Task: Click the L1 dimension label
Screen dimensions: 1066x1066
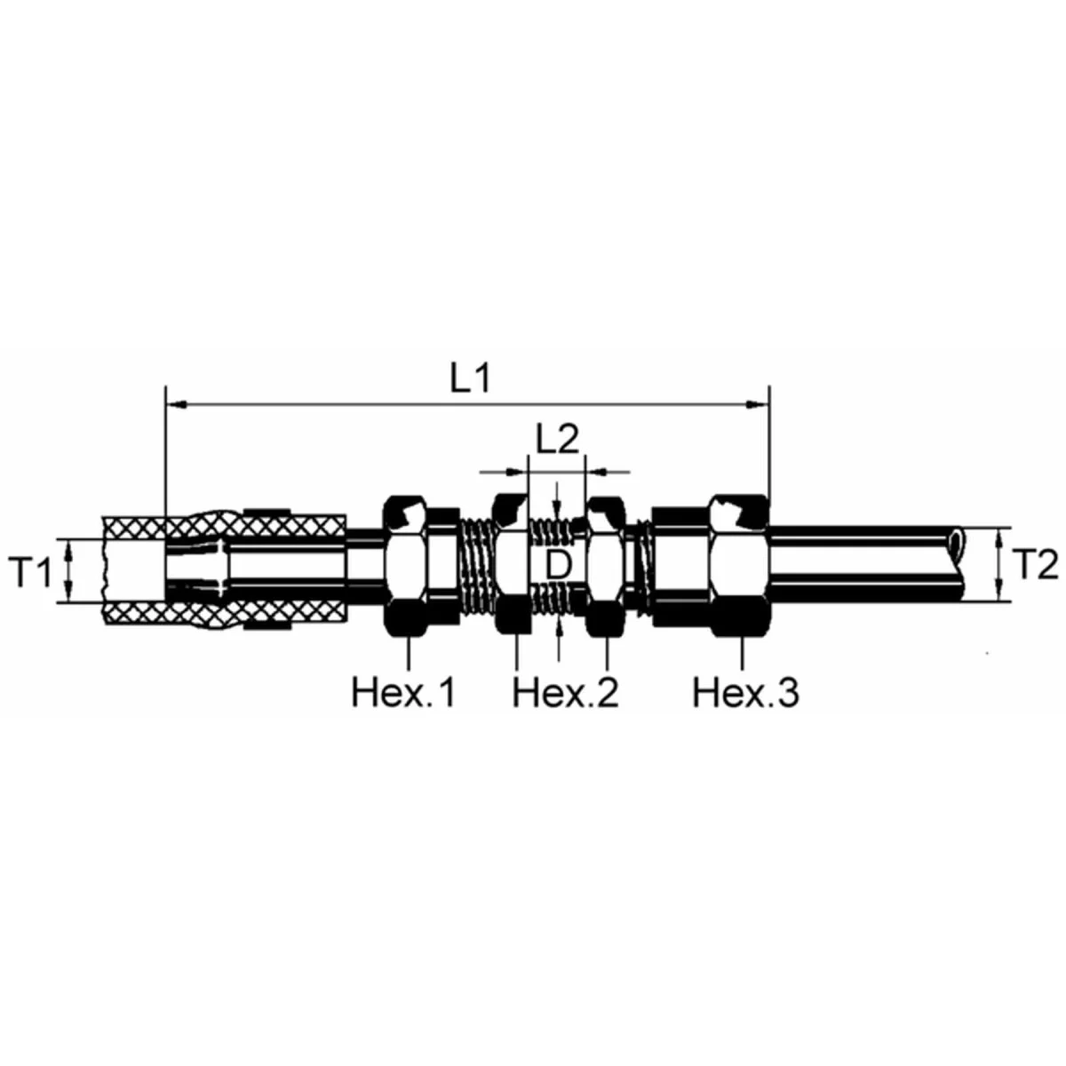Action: tap(469, 379)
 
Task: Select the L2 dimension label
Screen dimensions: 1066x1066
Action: tap(557, 440)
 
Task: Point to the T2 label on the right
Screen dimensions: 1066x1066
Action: tap(1035, 565)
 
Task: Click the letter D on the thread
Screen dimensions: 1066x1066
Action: tap(556, 566)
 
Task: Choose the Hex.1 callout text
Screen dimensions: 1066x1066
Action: tap(404, 692)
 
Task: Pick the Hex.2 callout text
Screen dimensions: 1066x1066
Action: tap(565, 692)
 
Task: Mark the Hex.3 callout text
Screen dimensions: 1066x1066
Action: tap(745, 692)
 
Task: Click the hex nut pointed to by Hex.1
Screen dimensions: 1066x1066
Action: tap(407, 566)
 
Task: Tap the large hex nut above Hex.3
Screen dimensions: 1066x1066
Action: tap(739, 566)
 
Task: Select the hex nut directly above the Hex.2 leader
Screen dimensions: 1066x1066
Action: tap(513, 566)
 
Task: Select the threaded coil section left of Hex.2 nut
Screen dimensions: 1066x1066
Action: tap(475, 566)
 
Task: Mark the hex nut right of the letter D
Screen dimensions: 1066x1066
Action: tap(608, 566)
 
